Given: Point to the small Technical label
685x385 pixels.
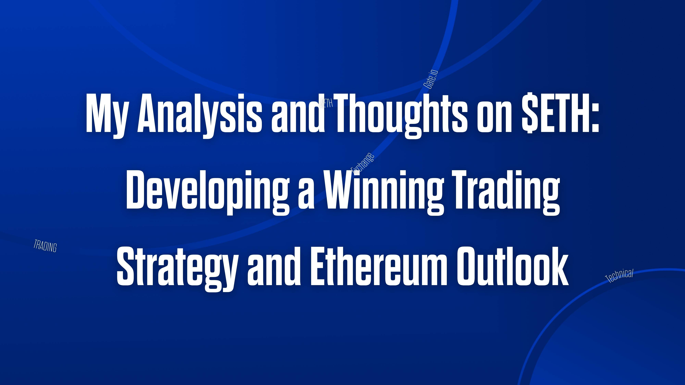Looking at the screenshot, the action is click(x=619, y=276).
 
